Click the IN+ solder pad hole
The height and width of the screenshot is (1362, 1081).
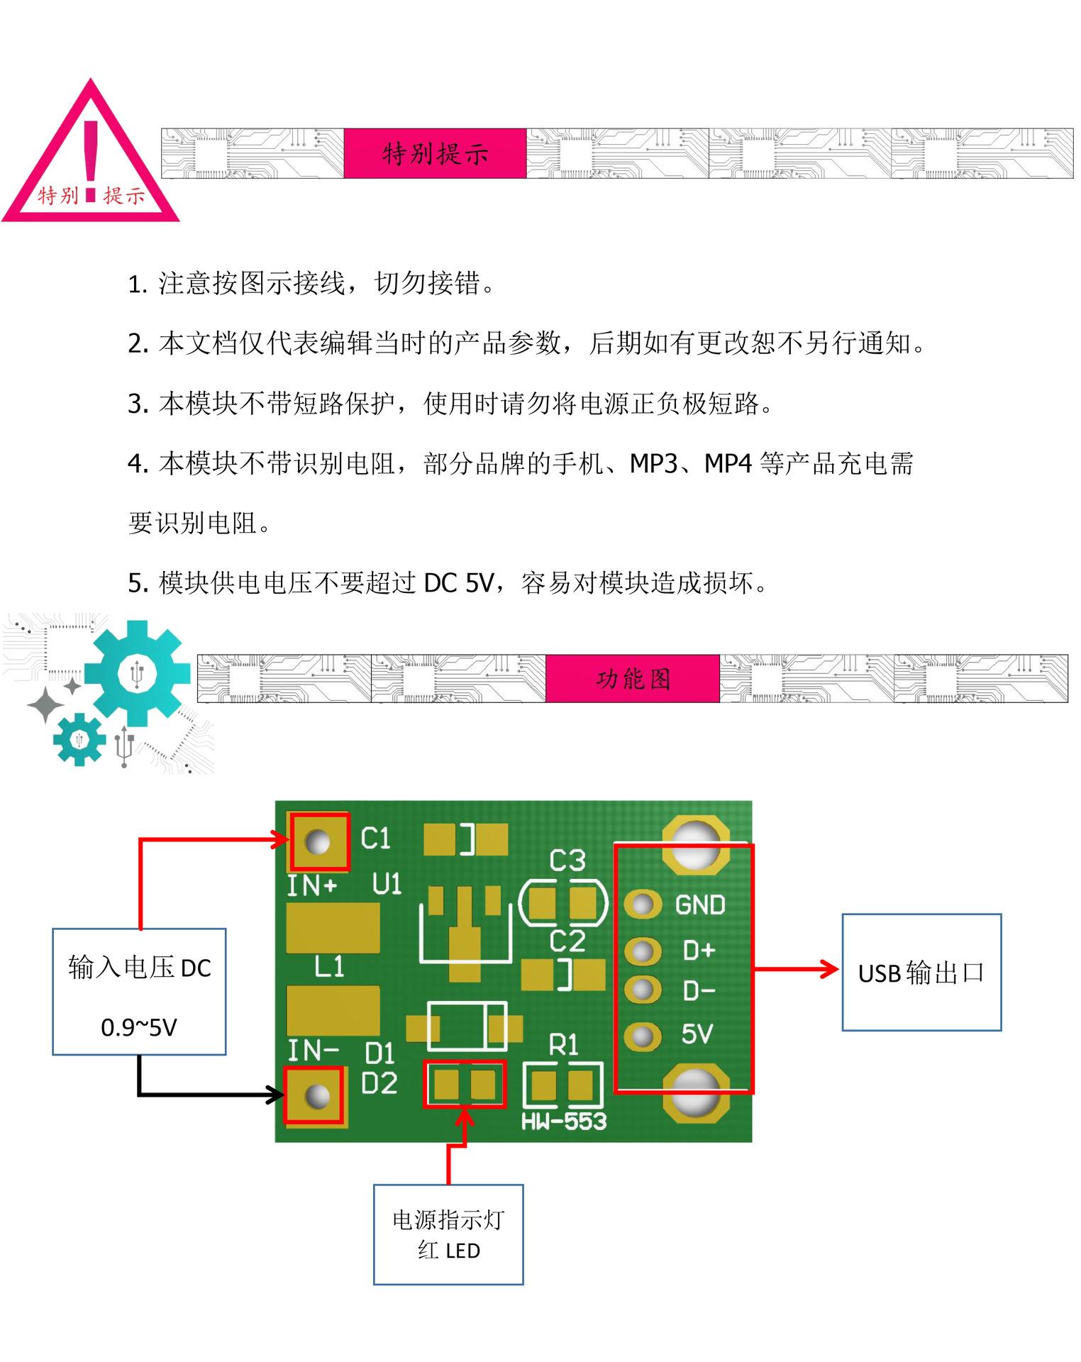coord(317,841)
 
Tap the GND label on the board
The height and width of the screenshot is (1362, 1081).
coord(699,905)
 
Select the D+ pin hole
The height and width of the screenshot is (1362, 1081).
coord(643,951)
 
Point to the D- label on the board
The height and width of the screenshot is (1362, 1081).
coord(699,991)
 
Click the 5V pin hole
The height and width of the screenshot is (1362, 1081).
coord(643,1036)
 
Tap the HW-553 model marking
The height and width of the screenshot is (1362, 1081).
coord(564,1122)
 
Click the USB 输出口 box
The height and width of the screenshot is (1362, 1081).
coord(921,973)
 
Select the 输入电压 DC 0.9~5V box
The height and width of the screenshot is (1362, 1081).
coord(139,992)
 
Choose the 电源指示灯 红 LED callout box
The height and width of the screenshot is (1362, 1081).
coord(448,1234)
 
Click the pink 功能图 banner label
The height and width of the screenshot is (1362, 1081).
coord(633,679)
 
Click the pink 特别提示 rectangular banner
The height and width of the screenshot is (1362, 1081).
coord(435,153)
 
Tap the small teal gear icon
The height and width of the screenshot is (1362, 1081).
coord(79,739)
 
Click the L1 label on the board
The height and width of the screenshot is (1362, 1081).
coord(329,966)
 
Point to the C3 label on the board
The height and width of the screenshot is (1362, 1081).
coord(567,860)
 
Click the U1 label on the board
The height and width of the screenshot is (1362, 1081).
coord(387,884)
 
